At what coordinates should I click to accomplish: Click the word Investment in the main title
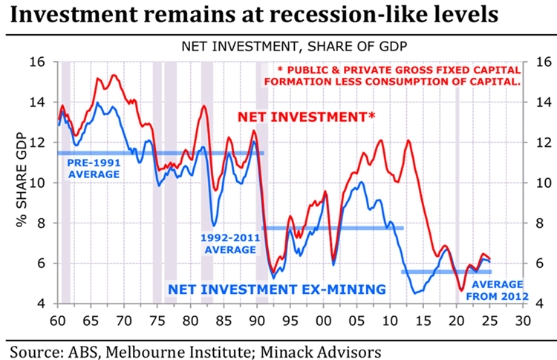76,16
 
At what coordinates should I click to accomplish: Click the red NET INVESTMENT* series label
306,117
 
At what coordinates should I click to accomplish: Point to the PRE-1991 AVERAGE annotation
94,168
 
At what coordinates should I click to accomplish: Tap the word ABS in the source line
96,347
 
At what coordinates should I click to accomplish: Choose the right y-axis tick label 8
536,223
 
